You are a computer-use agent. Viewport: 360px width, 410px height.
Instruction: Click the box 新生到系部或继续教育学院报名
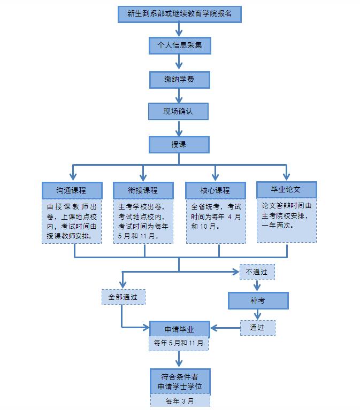click(179, 14)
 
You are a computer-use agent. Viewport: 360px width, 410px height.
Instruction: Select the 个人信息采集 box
click(179, 45)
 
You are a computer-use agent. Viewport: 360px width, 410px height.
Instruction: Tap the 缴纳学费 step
click(179, 80)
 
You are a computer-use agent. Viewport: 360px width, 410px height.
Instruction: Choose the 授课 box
click(179, 144)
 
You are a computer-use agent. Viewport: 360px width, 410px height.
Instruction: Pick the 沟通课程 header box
click(72, 190)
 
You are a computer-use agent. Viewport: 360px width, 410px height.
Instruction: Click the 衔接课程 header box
click(143, 190)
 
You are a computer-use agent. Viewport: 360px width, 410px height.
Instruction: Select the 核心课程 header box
click(215, 190)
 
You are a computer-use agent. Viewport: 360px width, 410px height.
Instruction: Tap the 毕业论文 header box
click(286, 189)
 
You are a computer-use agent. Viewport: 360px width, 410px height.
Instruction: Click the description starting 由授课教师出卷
click(72, 221)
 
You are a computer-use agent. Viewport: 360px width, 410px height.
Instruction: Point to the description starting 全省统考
click(215, 216)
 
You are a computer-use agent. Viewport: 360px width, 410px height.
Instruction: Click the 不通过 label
click(257, 272)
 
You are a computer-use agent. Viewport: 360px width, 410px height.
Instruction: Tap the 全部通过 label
click(123, 297)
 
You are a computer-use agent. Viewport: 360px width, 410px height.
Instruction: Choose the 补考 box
click(258, 300)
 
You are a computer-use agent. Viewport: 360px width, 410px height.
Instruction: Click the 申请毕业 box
click(179, 329)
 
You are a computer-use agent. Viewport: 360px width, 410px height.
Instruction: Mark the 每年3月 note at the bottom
click(179, 401)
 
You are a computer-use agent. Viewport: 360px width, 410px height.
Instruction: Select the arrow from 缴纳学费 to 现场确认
click(179, 96)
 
